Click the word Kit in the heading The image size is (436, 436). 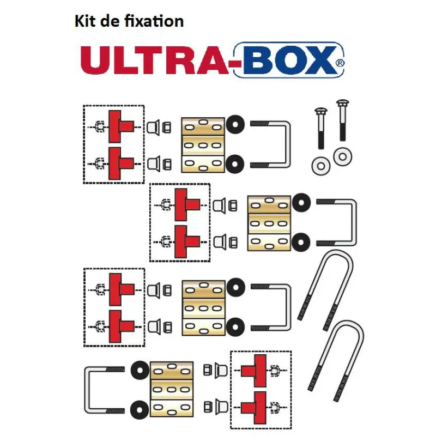pos(84,21)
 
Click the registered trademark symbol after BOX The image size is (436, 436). pos(340,63)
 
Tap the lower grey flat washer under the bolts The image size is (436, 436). pos(319,165)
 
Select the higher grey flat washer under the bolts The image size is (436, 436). pos(342,157)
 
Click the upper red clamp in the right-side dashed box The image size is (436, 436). pos(253,371)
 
